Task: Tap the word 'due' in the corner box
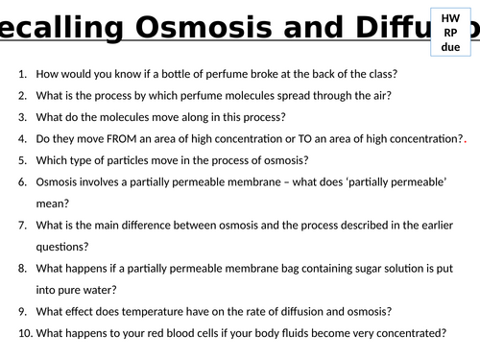point(450,47)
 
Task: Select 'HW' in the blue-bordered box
point(450,18)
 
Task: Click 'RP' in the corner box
point(450,33)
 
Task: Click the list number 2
point(22,96)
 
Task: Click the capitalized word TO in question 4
point(305,139)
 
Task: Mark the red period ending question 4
point(465,142)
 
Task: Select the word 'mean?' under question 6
point(53,204)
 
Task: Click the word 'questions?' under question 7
point(62,247)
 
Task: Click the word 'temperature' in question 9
point(153,312)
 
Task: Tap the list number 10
point(26,333)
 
